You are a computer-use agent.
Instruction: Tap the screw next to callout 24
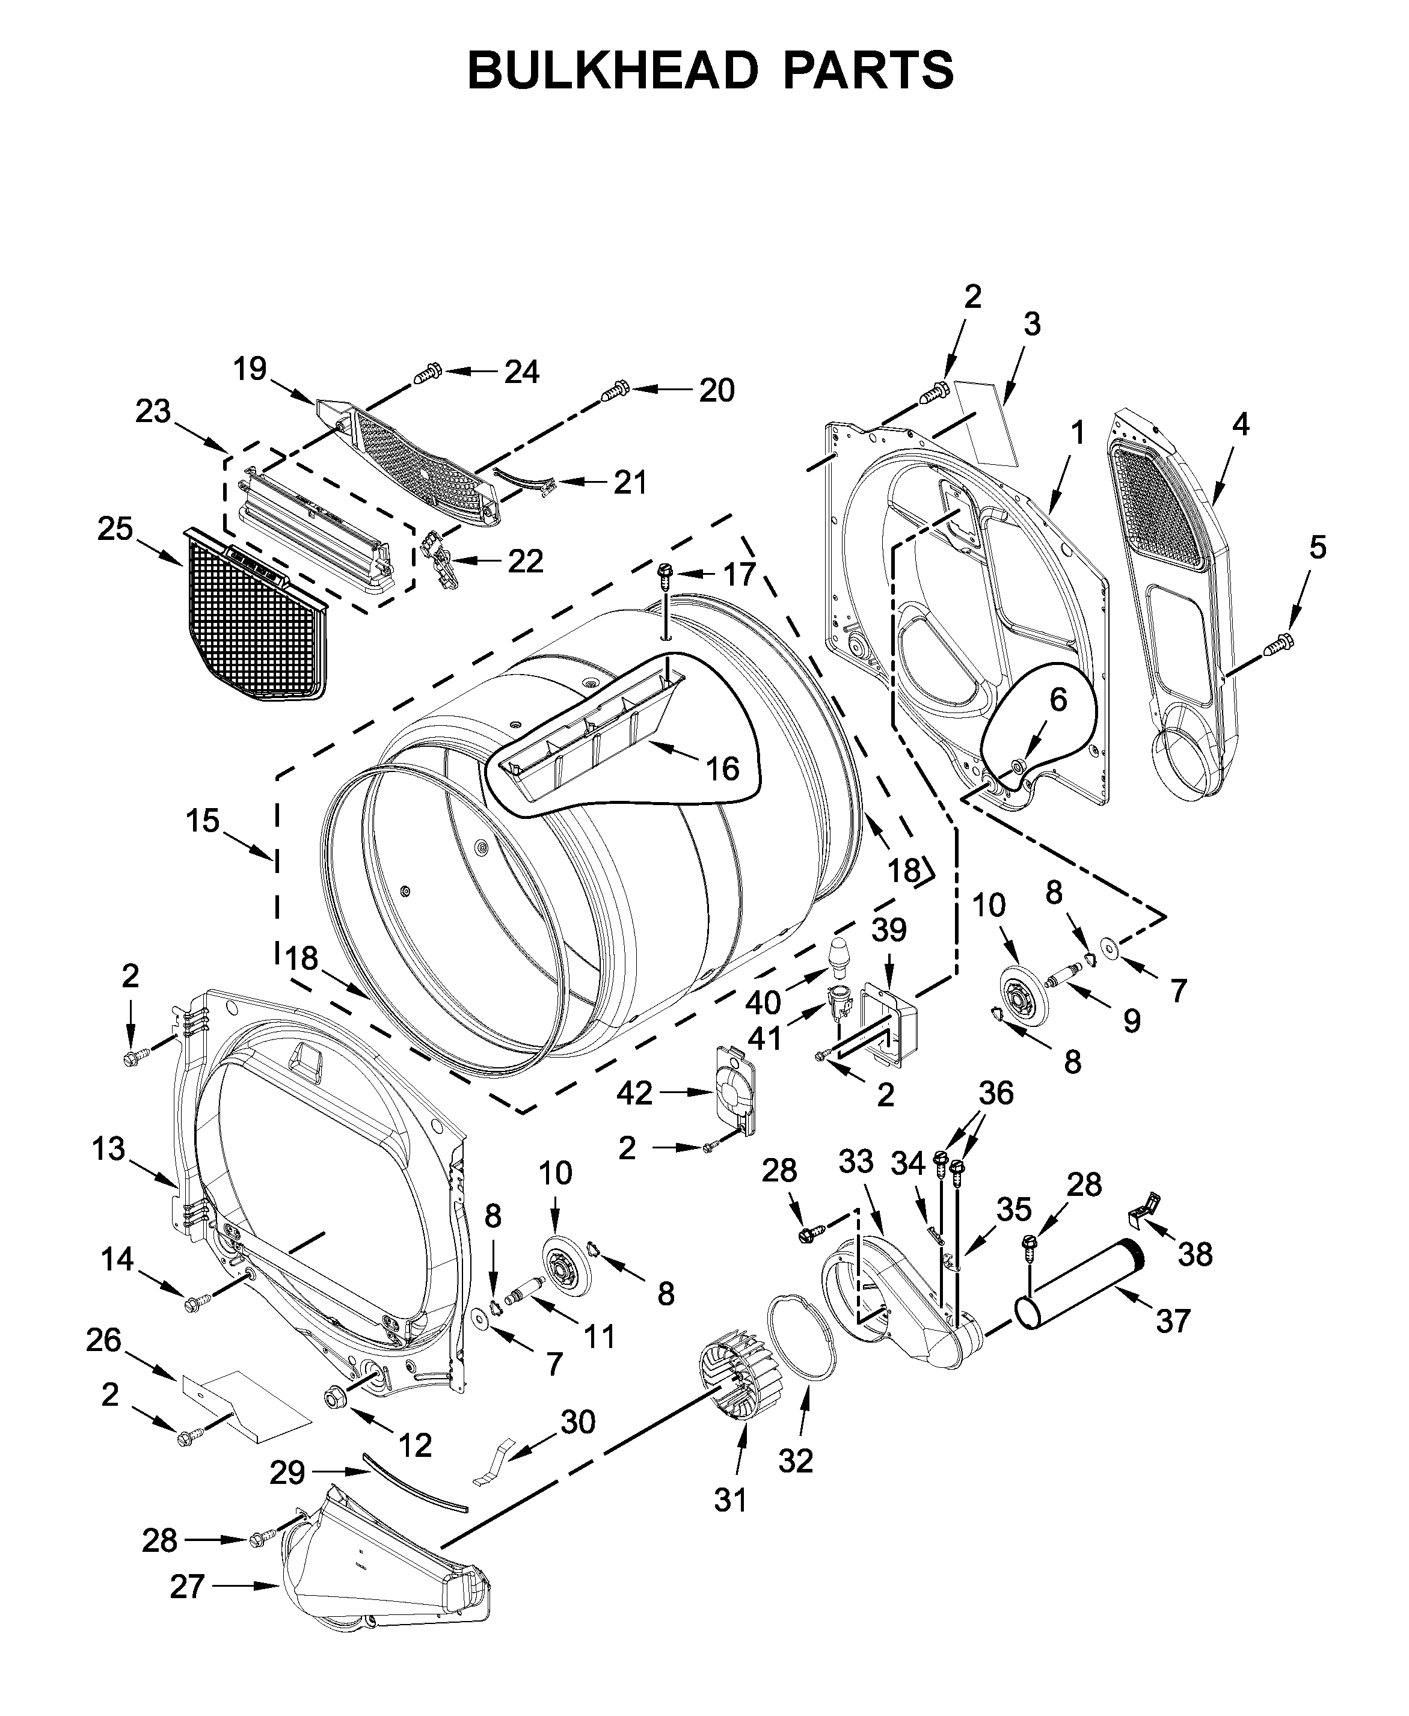coord(427,374)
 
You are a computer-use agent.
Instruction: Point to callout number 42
coord(634,1094)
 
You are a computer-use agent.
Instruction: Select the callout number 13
coord(108,1149)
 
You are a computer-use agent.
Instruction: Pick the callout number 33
coord(856,1162)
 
